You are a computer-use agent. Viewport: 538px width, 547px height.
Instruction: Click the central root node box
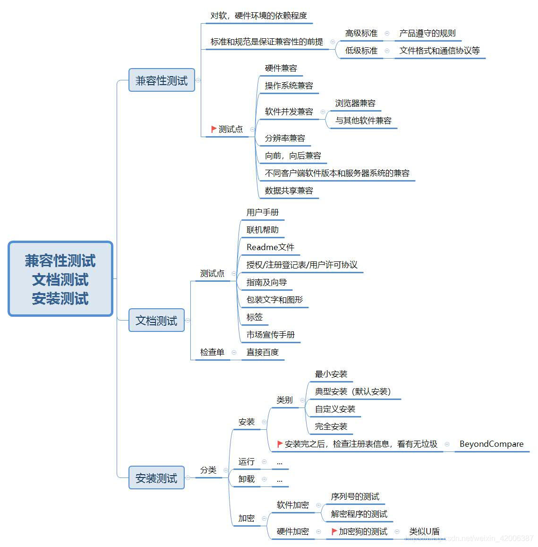[x=60, y=279]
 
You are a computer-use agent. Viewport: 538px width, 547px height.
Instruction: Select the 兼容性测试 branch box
[x=162, y=80]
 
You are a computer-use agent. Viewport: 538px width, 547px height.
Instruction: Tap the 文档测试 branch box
[x=156, y=321]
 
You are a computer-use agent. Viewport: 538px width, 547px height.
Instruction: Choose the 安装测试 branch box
[x=156, y=478]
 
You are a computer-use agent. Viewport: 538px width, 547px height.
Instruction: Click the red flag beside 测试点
[x=213, y=129]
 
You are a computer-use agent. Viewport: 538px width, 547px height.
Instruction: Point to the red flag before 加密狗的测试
[x=334, y=531]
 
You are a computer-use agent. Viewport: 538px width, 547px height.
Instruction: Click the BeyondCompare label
[x=491, y=444]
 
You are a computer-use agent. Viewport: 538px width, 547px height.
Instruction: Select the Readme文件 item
[x=270, y=247]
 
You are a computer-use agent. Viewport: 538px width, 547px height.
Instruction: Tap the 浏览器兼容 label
[x=355, y=103]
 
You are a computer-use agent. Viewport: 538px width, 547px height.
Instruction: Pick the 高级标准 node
[x=361, y=33]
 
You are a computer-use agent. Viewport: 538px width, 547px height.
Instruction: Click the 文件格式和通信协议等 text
[x=439, y=51]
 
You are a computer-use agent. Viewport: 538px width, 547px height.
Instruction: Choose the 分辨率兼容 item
[x=285, y=138]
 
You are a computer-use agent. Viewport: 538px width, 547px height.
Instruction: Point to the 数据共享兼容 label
[x=289, y=191]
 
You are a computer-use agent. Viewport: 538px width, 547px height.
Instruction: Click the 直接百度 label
[x=263, y=352]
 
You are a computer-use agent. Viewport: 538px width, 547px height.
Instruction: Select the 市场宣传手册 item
[x=271, y=335]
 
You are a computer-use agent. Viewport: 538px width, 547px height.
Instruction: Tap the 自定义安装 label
[x=335, y=409]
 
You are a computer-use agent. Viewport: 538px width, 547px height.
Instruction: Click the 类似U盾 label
[x=424, y=531]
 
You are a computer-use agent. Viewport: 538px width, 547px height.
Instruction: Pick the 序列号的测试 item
[x=355, y=496]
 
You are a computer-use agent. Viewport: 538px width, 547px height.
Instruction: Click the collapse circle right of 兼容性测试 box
[x=198, y=80]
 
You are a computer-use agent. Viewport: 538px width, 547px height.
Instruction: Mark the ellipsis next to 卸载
[x=280, y=479]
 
